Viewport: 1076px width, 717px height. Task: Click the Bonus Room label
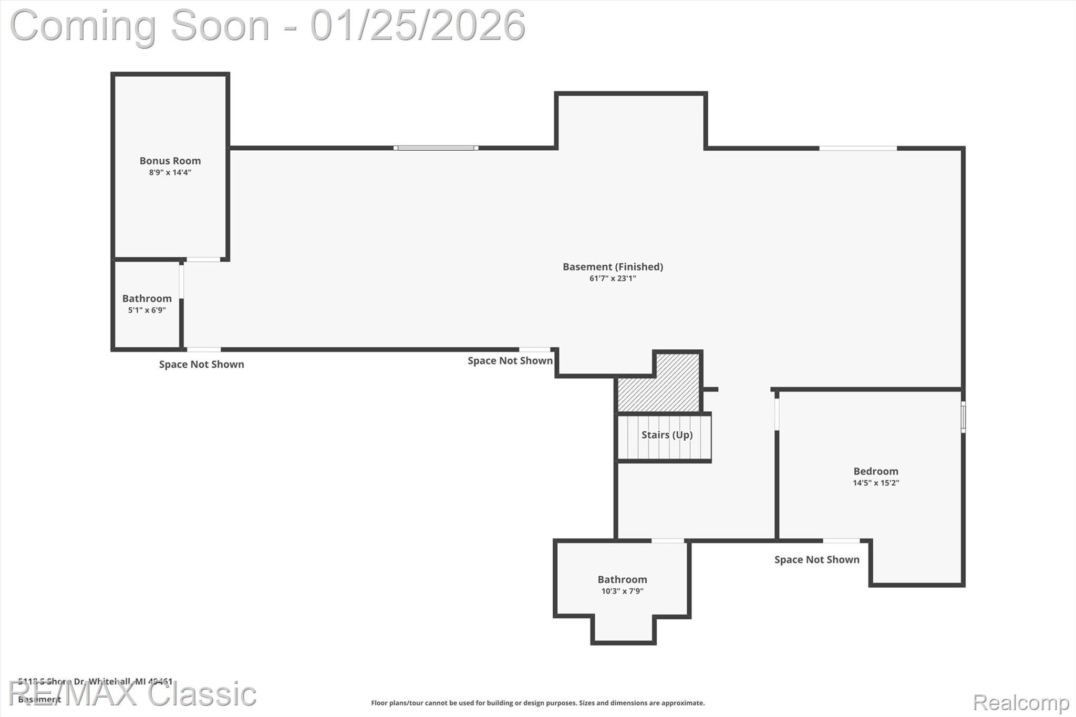pyautogui.click(x=170, y=161)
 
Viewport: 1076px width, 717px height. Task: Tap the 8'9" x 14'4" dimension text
pyautogui.click(x=170, y=173)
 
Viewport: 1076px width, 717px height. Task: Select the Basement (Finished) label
pyautogui.click(x=613, y=267)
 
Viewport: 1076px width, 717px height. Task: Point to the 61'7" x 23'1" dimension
pyautogui.click(x=613, y=278)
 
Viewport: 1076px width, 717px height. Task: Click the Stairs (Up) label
pyautogui.click(x=667, y=435)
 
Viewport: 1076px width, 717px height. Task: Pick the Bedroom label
pyautogui.click(x=875, y=471)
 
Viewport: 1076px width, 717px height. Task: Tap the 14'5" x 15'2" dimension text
pyautogui.click(x=875, y=483)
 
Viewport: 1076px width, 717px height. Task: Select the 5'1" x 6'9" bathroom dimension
pyautogui.click(x=147, y=310)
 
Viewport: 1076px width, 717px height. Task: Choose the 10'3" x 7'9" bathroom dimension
pyautogui.click(x=622, y=591)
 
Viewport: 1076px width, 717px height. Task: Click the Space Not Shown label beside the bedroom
pyautogui.click(x=816, y=560)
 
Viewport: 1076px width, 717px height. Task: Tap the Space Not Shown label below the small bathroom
pyautogui.click(x=201, y=365)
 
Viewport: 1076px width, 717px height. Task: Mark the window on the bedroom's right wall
pyautogui.click(x=963, y=417)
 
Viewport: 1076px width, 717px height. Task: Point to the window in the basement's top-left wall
pyautogui.click(x=436, y=148)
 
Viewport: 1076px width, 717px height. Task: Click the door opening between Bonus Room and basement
pyautogui.click(x=203, y=259)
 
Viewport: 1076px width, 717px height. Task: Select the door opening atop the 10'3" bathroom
pyautogui.click(x=668, y=541)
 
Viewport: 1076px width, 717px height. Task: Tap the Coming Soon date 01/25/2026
pyautogui.click(x=418, y=25)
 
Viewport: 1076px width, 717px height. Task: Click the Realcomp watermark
pyautogui.click(x=1021, y=702)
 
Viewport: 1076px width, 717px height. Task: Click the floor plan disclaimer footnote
pyautogui.click(x=537, y=703)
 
